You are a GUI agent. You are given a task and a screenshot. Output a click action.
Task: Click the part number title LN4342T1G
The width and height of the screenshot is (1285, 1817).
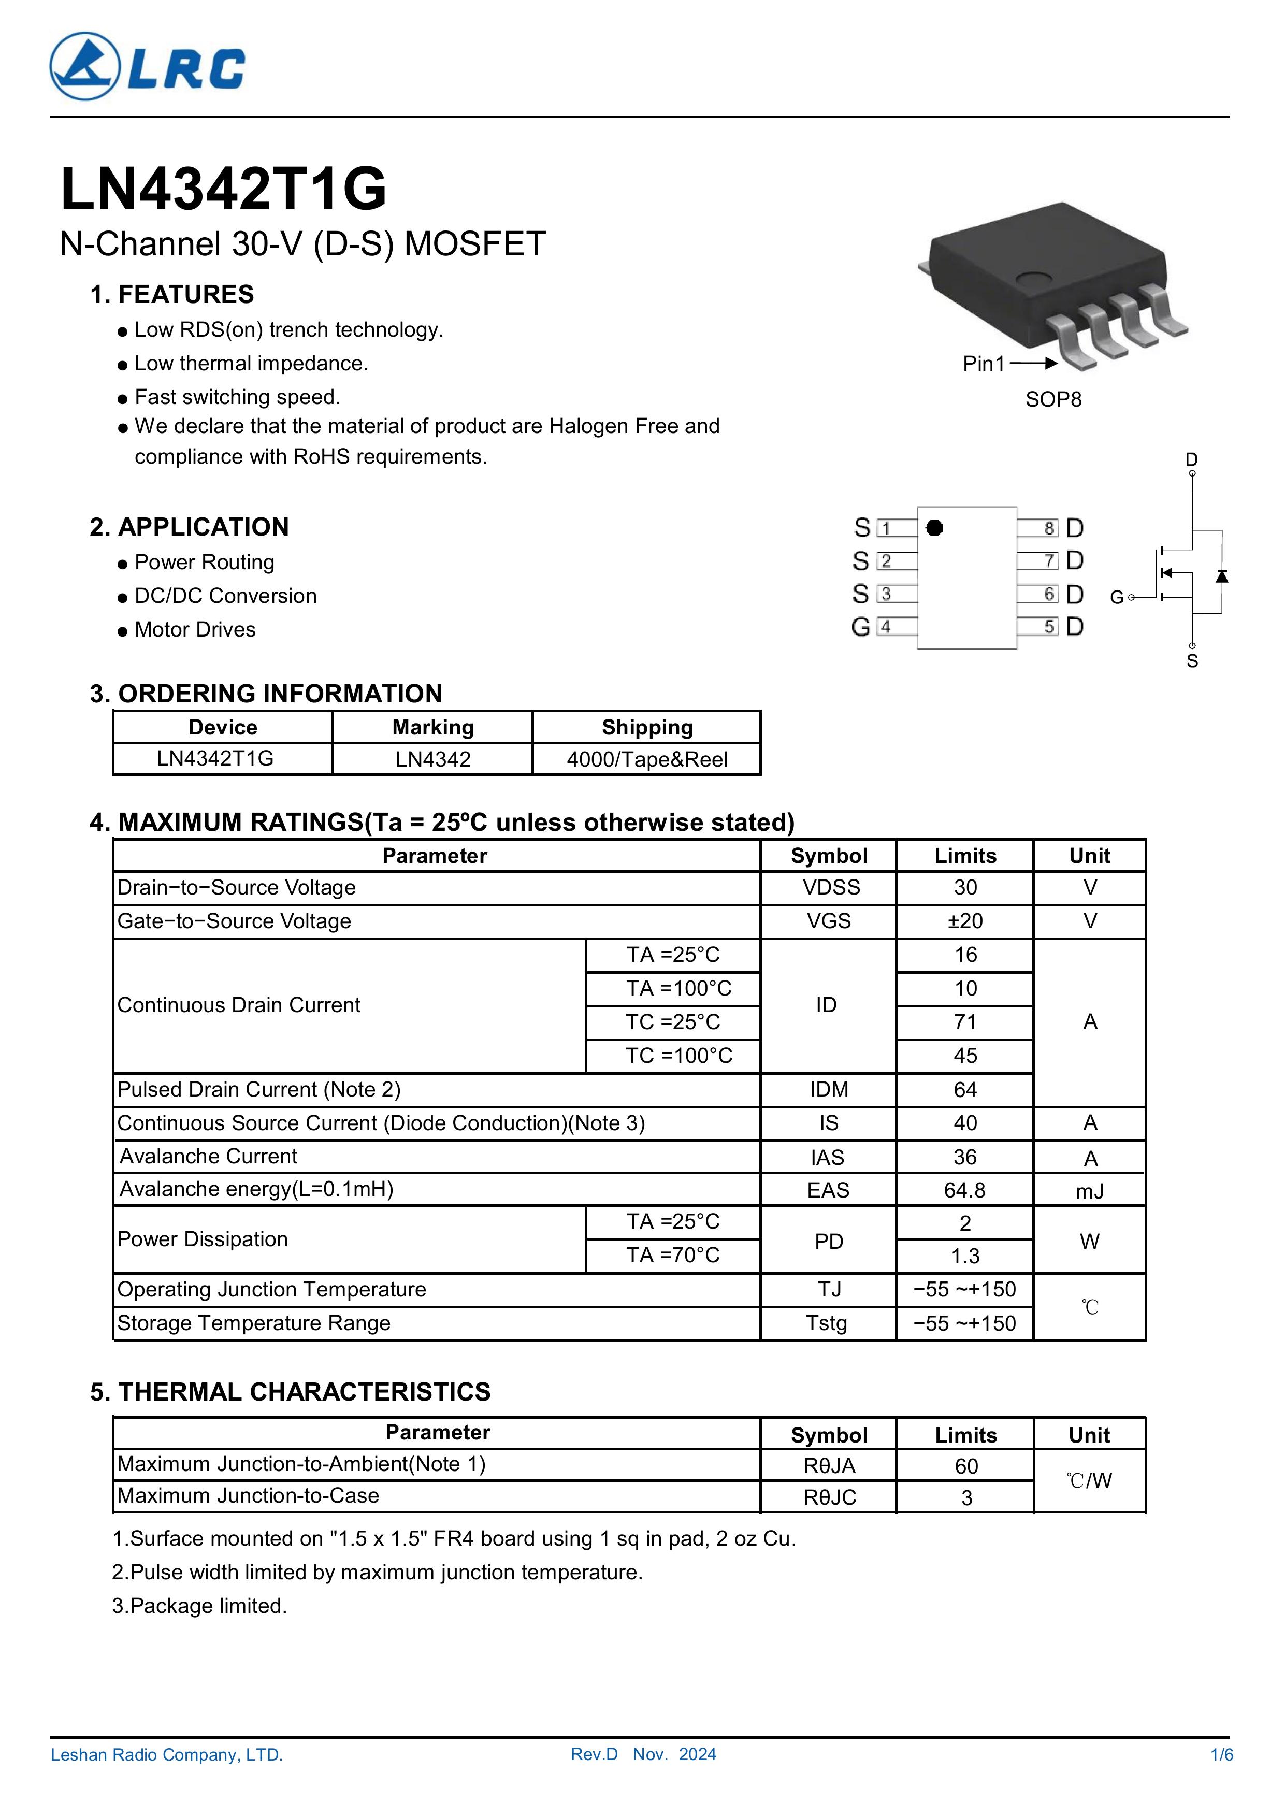(223, 190)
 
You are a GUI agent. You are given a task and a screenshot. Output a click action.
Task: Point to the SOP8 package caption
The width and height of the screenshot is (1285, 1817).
(1052, 400)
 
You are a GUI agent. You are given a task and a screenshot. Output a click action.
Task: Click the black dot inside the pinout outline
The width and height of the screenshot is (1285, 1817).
(934, 528)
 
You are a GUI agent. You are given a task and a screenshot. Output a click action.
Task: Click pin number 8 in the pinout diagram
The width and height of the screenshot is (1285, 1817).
(1049, 528)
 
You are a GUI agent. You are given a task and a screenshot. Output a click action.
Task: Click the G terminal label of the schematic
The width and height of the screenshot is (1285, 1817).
(1117, 598)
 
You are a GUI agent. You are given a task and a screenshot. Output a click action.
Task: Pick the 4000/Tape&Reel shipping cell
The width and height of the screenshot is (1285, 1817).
(646, 760)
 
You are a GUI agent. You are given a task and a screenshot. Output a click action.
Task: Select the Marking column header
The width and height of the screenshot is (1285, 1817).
(433, 727)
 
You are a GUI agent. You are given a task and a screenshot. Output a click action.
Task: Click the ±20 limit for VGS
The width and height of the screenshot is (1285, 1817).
(964, 921)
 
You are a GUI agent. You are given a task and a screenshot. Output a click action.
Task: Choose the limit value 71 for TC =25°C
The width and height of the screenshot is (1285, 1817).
(964, 1022)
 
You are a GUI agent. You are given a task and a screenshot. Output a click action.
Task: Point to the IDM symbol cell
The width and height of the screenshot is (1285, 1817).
(829, 1090)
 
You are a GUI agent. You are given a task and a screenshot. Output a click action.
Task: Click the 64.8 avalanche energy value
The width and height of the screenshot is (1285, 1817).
(964, 1190)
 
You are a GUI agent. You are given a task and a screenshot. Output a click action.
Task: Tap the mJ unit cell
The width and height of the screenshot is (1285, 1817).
(1090, 1191)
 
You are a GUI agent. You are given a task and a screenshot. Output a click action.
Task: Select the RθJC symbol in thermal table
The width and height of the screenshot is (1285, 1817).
(829, 1497)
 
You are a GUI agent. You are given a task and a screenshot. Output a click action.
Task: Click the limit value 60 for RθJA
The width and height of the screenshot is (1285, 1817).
(965, 1466)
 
